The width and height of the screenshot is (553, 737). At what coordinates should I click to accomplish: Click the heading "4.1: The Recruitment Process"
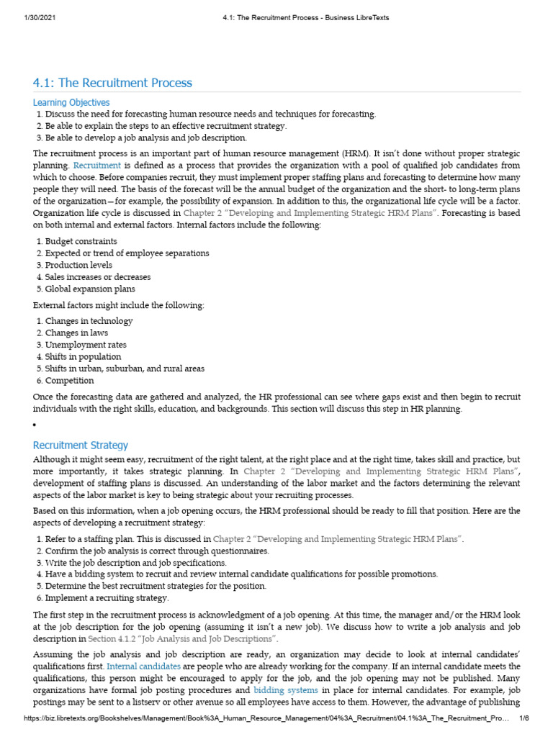coord(113,83)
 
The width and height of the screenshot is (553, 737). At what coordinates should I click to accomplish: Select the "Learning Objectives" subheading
coord(71,103)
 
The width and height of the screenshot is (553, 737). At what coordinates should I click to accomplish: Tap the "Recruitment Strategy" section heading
coord(81,446)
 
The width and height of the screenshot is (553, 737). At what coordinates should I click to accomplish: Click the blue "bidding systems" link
coord(286,690)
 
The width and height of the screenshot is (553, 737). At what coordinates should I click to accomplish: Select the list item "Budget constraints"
coord(81,242)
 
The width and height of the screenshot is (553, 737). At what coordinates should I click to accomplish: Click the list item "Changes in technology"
coord(89,321)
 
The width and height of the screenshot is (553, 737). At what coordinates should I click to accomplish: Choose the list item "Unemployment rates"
coord(85,345)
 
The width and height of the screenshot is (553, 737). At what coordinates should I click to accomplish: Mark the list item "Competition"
coord(69,381)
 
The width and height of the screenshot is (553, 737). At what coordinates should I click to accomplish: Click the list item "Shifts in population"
coord(83,357)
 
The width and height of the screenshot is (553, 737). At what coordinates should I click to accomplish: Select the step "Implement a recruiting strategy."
coord(107,598)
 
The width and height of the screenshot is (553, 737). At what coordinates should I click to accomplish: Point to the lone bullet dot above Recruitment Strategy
coord(35,425)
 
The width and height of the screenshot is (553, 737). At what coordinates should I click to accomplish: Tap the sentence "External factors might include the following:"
coord(119,305)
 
